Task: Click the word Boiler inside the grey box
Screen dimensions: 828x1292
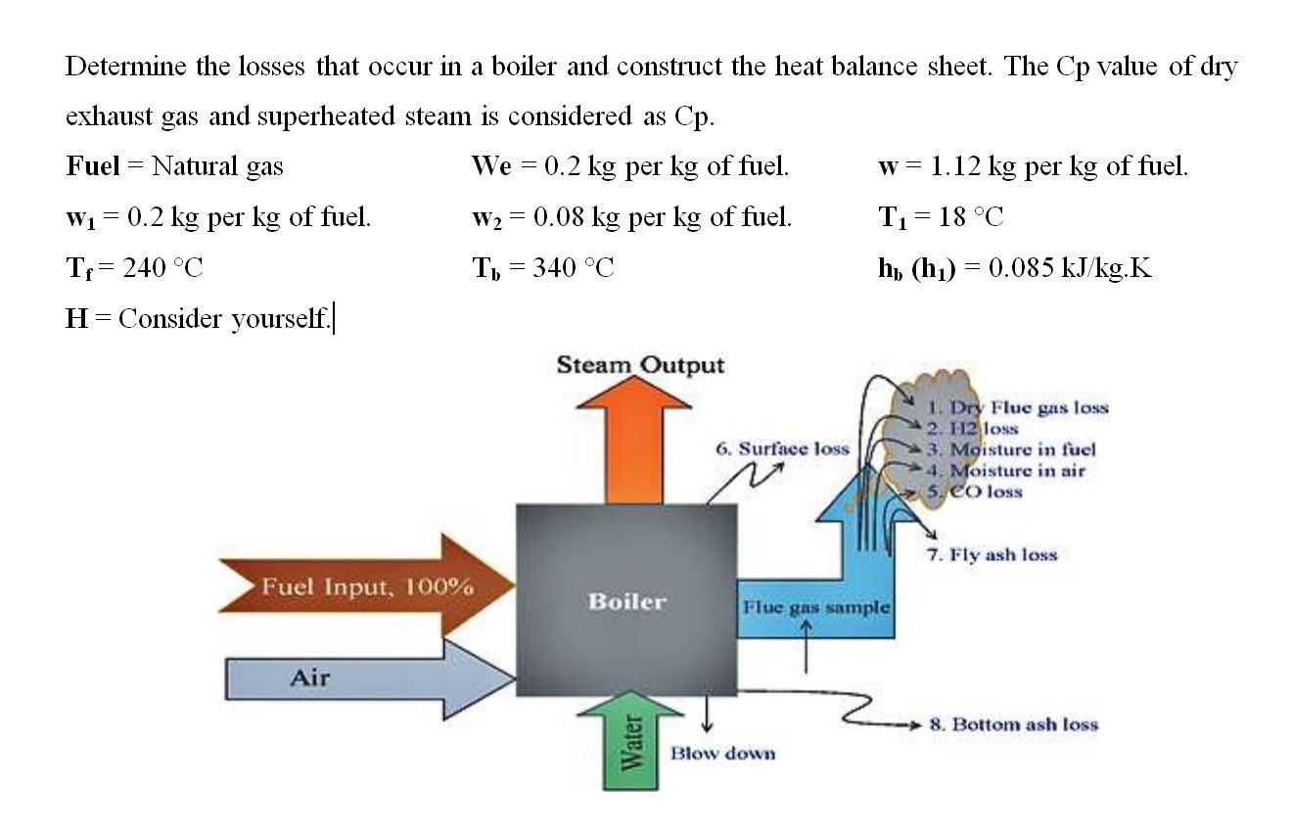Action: (626, 601)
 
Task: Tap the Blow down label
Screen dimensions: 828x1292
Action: (722, 753)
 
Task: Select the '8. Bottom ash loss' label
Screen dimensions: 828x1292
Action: (1013, 724)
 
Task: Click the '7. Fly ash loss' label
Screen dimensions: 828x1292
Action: (992, 555)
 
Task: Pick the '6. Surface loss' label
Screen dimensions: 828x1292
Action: (782, 449)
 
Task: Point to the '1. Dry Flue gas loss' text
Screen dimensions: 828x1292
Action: (1018, 407)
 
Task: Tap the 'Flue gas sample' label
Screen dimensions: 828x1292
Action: (815, 607)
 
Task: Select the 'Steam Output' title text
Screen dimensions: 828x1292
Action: (640, 366)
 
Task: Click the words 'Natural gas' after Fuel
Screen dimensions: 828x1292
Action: (217, 166)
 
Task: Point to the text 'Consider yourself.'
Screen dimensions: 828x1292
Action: (225, 319)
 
